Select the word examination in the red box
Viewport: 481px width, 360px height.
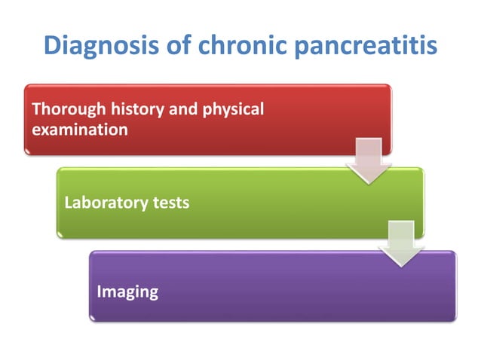click(79, 130)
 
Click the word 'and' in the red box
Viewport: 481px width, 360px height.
click(180, 110)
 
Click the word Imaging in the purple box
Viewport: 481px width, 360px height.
click(127, 291)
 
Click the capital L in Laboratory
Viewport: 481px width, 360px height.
click(69, 203)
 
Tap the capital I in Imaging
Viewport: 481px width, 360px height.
click(100, 291)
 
